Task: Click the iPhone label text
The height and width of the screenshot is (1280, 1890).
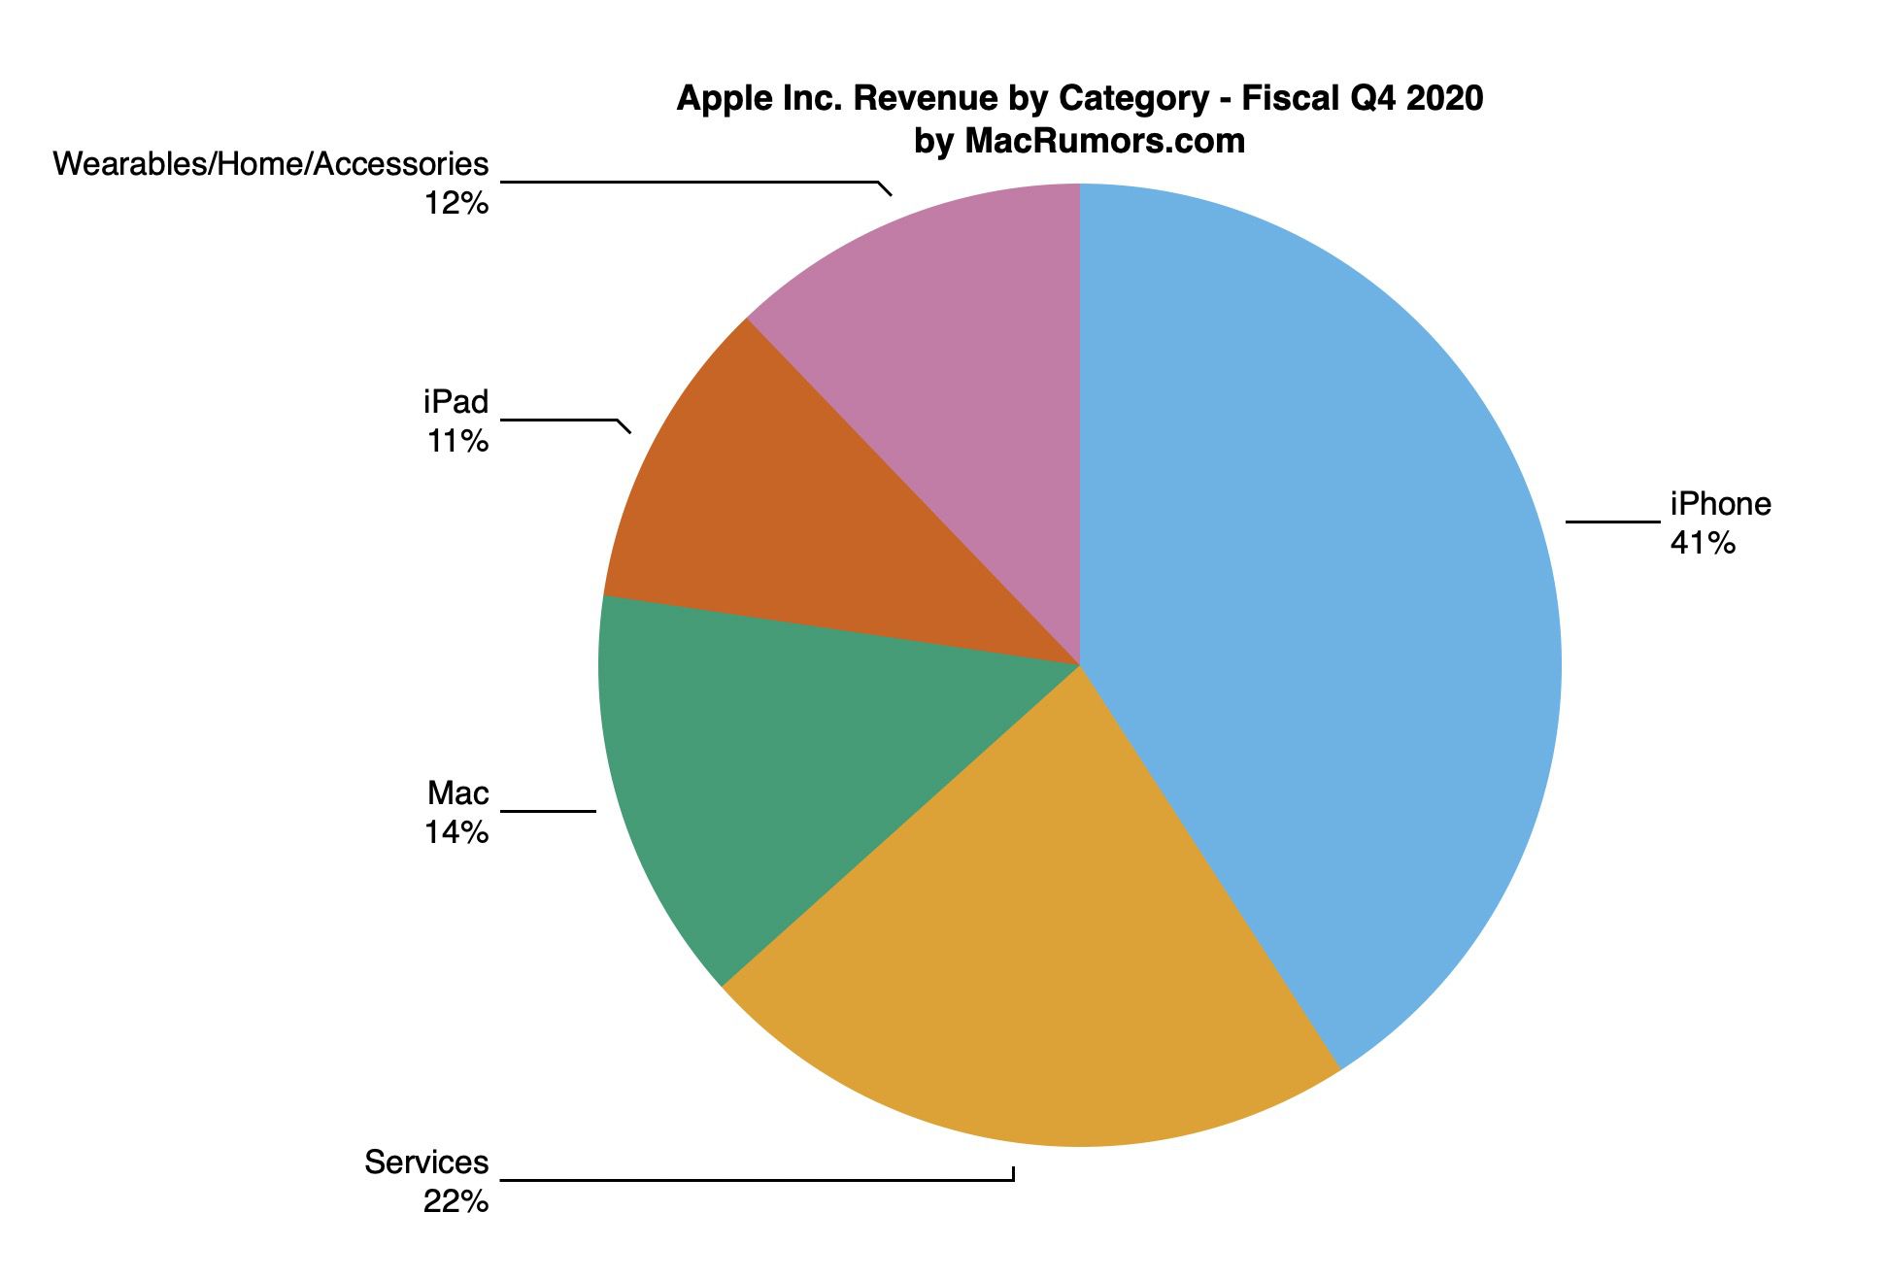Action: pos(1720,504)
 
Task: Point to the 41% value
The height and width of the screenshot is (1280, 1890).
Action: pos(1702,543)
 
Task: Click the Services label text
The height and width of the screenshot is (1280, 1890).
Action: pos(426,1162)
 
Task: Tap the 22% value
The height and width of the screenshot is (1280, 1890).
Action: pos(456,1202)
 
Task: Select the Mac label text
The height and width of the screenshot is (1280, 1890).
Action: pos(457,793)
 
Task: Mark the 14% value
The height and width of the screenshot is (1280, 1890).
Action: pos(456,832)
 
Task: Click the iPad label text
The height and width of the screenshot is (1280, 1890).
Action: pos(456,402)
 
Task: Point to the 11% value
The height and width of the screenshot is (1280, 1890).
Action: pos(456,441)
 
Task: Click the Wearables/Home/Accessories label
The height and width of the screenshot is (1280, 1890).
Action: pos(270,164)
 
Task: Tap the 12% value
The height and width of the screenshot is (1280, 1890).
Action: pos(456,203)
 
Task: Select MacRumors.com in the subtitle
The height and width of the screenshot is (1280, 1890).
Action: pos(1104,142)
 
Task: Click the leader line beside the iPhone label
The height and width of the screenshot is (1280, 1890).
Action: pos(1612,522)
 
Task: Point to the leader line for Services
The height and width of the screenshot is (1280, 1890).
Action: pos(758,1181)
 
